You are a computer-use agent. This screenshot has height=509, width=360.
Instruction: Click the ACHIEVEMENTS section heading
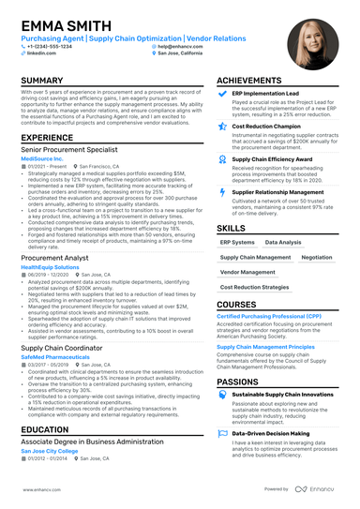pyautogui.click(x=253, y=82)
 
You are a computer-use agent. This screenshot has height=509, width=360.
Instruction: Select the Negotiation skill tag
pyautogui.click(x=316, y=257)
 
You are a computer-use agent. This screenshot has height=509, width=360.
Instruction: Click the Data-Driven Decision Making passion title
pyautogui.click(x=272, y=433)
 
